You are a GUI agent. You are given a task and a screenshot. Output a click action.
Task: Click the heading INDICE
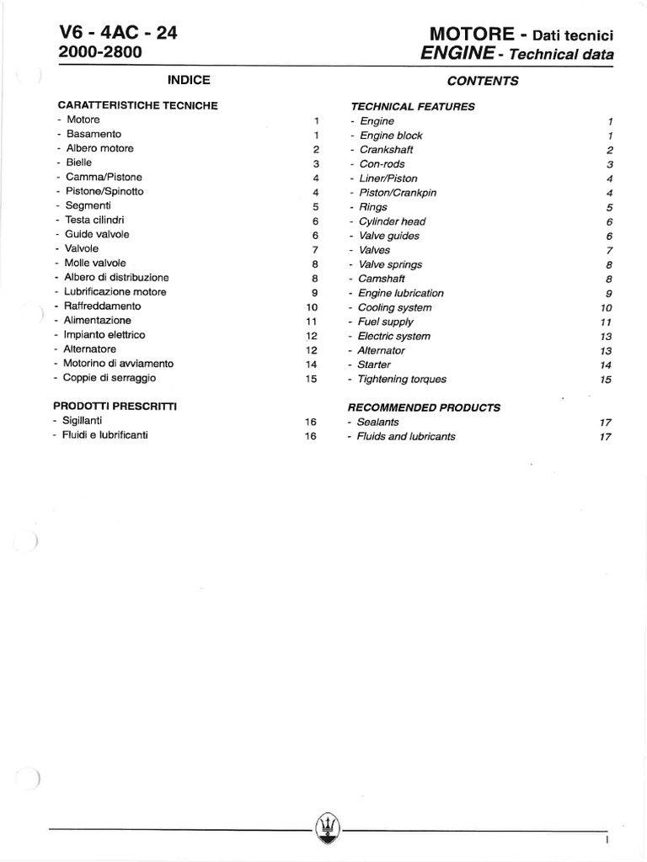[x=189, y=80]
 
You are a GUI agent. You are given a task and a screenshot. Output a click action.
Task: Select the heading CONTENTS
[x=483, y=82]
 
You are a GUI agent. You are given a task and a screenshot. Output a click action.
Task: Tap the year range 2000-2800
[x=100, y=52]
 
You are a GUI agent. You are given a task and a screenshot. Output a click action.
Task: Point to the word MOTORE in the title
[x=472, y=35]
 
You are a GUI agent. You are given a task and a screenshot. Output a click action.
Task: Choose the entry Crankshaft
[x=386, y=150]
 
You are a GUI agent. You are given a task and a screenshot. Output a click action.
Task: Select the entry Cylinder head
[x=392, y=221]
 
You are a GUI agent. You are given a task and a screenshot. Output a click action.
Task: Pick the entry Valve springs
[x=390, y=264]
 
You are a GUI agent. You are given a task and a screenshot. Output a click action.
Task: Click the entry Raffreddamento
[x=102, y=306]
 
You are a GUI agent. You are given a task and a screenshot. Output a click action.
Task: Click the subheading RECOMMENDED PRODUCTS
[x=424, y=407]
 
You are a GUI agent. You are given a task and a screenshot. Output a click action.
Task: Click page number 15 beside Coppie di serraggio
[x=311, y=379]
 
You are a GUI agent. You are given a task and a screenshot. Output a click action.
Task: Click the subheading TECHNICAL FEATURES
[x=412, y=107]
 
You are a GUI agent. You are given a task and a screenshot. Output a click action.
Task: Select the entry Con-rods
[x=382, y=164]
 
